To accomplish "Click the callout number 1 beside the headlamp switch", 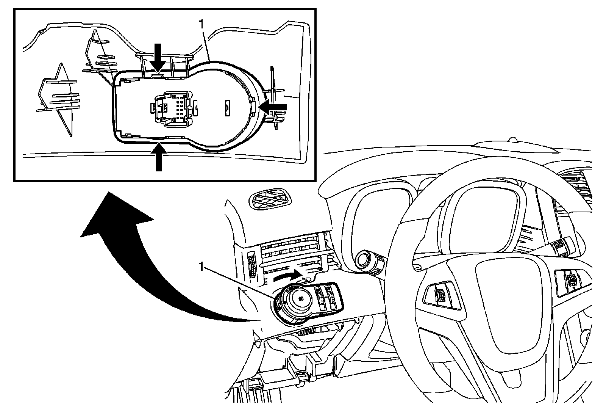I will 202,268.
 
